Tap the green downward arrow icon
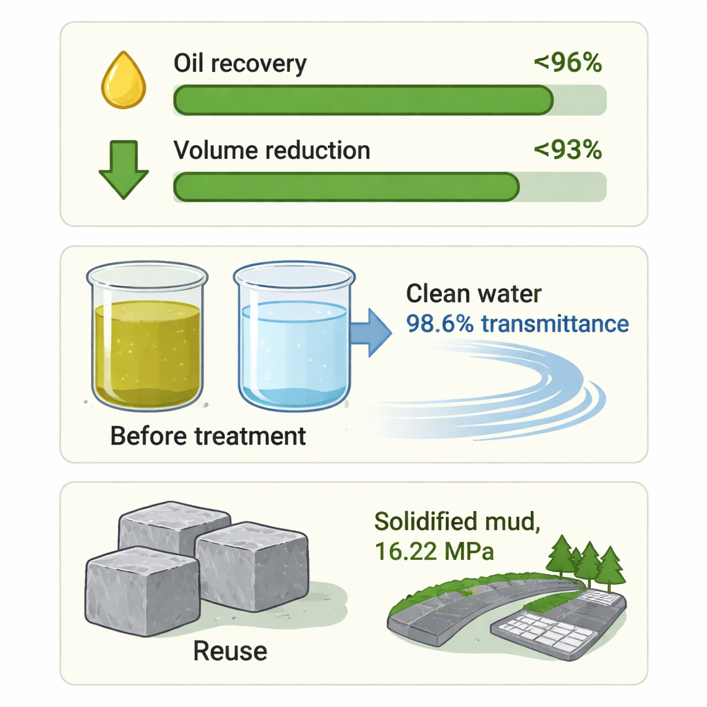124,170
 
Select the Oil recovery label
240,63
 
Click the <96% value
568,62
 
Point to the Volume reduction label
271,150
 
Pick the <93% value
568,150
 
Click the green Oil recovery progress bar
363,100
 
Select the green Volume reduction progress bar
347,186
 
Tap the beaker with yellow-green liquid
147,336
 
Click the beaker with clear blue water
294,336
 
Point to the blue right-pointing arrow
371,333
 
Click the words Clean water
474,293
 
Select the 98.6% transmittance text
517,323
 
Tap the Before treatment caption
208,436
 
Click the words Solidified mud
457,522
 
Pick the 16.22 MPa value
434,551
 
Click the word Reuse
230,651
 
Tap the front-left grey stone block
142,592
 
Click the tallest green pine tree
562,556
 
